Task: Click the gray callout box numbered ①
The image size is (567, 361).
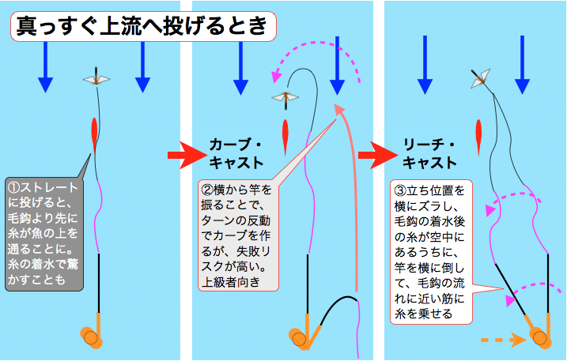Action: (44, 234)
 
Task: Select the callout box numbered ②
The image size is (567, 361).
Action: (239, 235)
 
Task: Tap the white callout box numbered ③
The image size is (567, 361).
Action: (431, 252)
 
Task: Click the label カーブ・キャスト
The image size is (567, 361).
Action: (236, 154)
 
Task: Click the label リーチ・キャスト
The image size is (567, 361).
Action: (429, 154)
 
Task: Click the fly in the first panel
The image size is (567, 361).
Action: (96, 78)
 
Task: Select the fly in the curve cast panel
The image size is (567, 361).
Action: (285, 98)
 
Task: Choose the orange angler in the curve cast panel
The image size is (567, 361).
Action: (302, 333)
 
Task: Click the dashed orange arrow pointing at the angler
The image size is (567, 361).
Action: (504, 340)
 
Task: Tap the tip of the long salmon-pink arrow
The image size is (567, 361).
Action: (338, 104)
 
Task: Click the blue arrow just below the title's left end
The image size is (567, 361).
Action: (46, 68)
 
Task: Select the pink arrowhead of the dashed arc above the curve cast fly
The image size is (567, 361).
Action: (276, 77)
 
